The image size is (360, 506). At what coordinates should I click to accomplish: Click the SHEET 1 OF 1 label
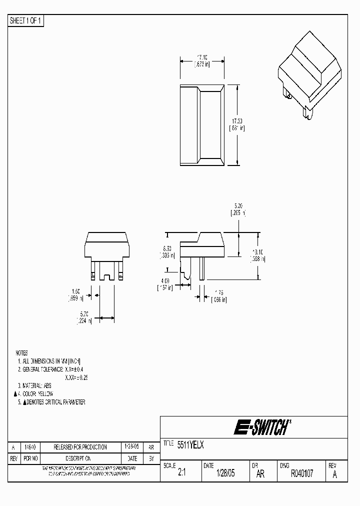[x=26, y=21]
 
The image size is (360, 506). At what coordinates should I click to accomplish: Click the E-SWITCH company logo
[x=260, y=427]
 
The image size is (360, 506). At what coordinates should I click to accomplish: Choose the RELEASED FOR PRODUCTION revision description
[x=80, y=447]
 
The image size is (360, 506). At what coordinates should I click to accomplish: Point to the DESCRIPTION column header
[x=80, y=458]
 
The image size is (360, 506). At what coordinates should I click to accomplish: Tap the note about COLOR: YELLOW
[x=37, y=393]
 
